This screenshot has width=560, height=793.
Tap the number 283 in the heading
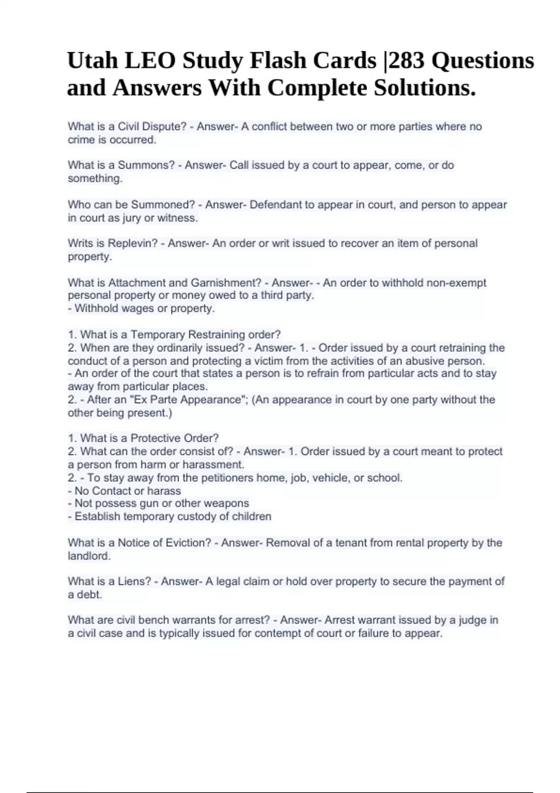coord(407,61)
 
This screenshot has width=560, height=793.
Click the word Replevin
coord(133,243)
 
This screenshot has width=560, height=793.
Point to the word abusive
coord(426,361)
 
